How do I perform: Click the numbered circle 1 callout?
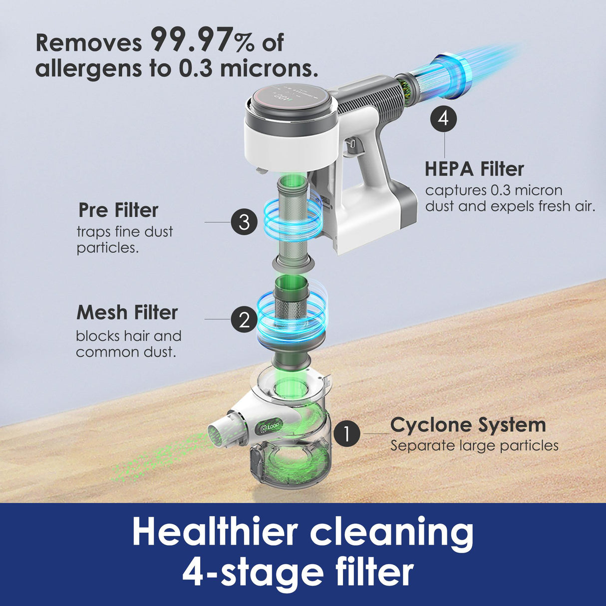pyautogui.click(x=347, y=434)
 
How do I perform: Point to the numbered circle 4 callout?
pyautogui.click(x=444, y=119)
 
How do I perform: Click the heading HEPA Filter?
pyautogui.click(x=474, y=169)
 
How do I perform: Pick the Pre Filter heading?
pyautogui.click(x=118, y=210)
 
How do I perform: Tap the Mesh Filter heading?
pyautogui.click(x=127, y=312)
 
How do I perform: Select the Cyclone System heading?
pyautogui.click(x=468, y=425)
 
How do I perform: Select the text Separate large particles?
pyautogui.click(x=474, y=446)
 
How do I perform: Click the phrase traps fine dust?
pyautogui.click(x=125, y=232)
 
